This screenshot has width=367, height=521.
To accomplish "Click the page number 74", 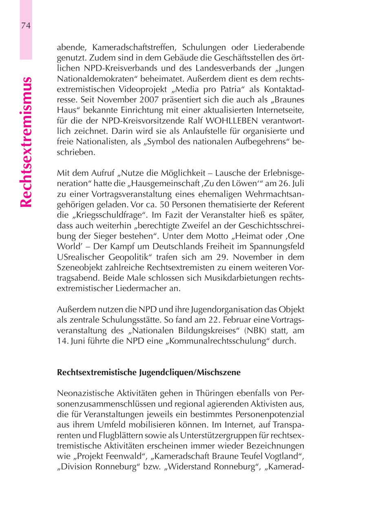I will click(x=26, y=25).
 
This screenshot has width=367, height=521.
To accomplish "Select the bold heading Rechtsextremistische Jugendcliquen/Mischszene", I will click(x=149, y=372).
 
